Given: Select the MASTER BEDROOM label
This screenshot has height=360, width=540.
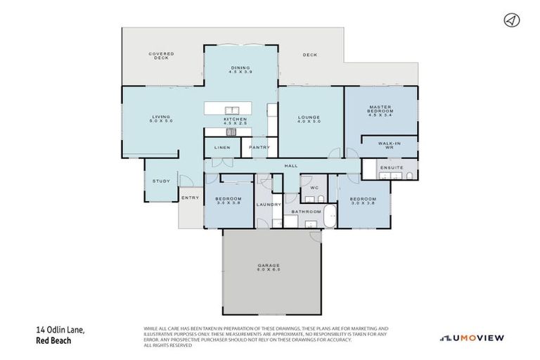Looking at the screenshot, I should tap(380, 110).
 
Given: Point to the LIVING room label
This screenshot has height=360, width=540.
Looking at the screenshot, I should tap(160, 119).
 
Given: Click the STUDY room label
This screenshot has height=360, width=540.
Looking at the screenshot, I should tap(161, 181).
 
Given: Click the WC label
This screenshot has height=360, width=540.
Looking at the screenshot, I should tap(314, 188).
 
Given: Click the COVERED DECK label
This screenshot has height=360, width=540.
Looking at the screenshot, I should tap(161, 56).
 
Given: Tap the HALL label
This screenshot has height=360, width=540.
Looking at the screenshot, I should tap(290, 166).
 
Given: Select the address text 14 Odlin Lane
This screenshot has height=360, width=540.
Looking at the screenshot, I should tap(59, 329).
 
